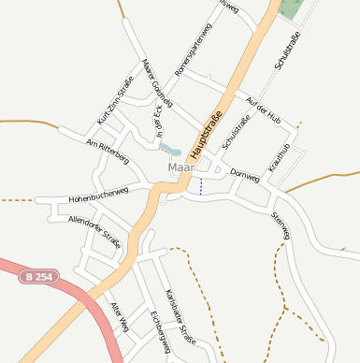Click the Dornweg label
(x=243, y=175)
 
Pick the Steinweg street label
(x=281, y=225)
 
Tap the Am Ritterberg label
(x=107, y=152)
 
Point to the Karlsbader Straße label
(x=179, y=316)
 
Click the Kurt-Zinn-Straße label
(x=115, y=101)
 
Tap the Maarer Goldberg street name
(x=158, y=83)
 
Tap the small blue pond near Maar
(x=170, y=148)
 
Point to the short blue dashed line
(x=200, y=185)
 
